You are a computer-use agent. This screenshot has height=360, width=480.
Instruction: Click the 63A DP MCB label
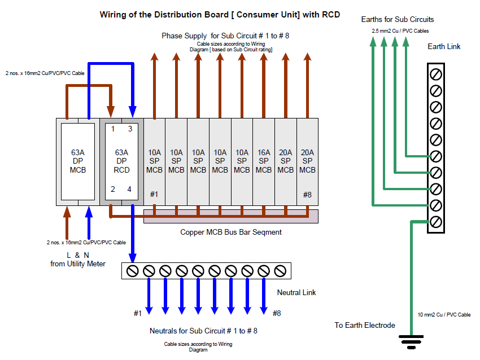point(78,161)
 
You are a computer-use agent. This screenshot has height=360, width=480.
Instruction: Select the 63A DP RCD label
point(121,161)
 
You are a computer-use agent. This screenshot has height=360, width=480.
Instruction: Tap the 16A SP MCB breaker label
point(264,161)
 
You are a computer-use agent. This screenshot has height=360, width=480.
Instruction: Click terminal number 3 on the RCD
point(130,129)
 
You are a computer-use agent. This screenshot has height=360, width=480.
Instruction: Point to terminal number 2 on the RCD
point(113,190)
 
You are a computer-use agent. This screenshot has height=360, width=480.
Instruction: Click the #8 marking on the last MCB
point(307,195)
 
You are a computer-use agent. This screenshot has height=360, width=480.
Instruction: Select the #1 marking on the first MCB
point(154,194)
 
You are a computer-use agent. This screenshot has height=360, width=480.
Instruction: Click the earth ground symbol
point(411,341)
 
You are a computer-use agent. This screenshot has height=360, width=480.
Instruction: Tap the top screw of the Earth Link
point(435,74)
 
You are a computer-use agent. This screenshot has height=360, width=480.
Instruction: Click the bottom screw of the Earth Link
point(435,222)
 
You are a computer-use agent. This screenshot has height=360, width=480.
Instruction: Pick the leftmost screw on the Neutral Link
point(133,271)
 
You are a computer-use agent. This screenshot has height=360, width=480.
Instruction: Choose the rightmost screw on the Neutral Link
point(280,271)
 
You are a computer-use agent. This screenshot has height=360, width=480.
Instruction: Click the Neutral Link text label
point(296,293)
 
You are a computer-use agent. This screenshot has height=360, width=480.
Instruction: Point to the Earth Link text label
point(444,46)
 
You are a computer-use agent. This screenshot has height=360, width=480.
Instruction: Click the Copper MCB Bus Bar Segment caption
point(231,232)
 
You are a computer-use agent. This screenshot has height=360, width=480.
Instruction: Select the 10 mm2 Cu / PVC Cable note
point(444,315)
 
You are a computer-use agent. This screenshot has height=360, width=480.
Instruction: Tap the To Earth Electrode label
point(365,325)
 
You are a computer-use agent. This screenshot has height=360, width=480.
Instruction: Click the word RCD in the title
point(330,15)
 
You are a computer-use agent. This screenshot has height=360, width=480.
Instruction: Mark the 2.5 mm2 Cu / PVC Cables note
point(400,31)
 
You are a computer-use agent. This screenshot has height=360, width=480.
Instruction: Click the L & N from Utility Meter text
point(78,260)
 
